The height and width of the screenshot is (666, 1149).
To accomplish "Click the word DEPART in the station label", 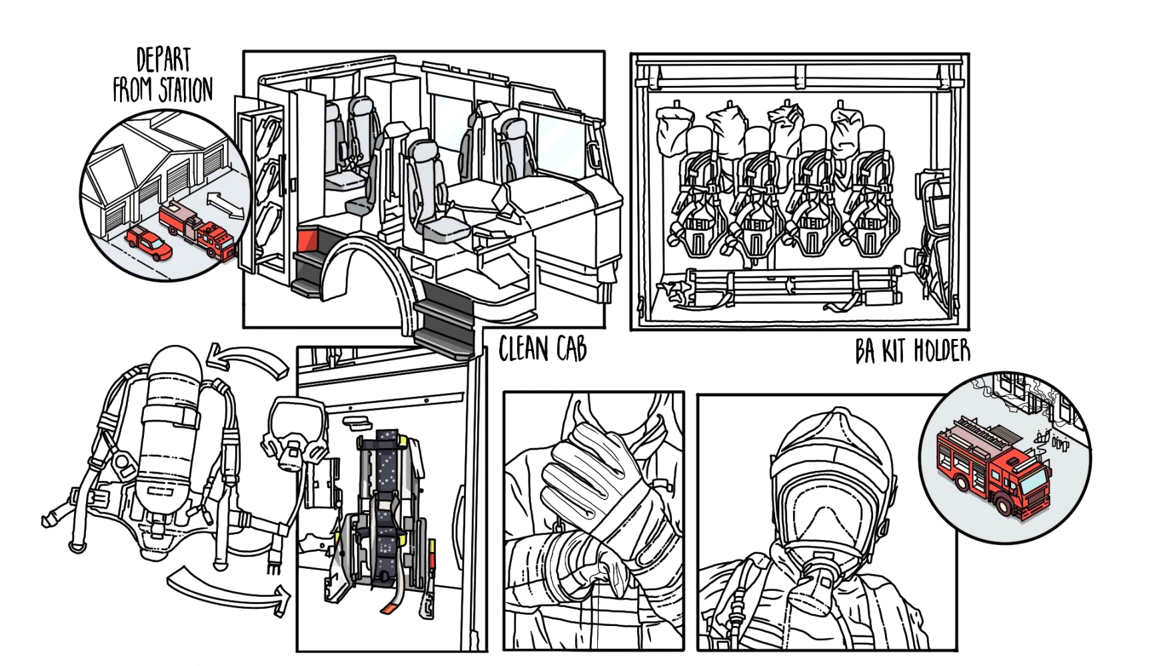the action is click(x=163, y=60).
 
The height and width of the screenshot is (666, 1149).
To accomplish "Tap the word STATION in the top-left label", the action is click(x=186, y=90).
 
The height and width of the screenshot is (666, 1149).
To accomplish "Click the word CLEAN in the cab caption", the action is click(x=524, y=349).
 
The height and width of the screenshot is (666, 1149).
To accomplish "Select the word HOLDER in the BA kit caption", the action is click(x=942, y=350).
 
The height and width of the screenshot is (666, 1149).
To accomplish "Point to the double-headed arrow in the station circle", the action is click(x=225, y=205).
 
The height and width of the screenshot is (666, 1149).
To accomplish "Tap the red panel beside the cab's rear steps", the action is click(x=307, y=238).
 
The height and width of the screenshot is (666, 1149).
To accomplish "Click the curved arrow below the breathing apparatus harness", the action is click(x=230, y=589).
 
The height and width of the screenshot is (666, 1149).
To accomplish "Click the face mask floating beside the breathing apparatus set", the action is click(x=297, y=433).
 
